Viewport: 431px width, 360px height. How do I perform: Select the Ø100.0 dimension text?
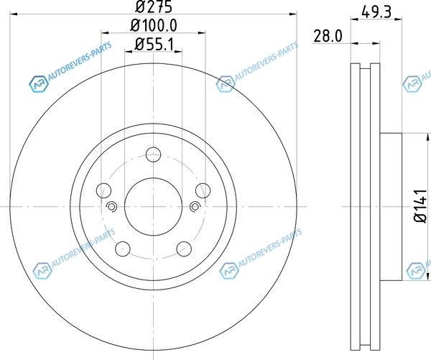pos(154,26)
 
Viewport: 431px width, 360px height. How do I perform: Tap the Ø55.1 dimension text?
pos(154,44)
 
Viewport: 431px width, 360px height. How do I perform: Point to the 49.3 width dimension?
pos(376,12)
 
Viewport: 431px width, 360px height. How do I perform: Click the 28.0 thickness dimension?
pos(328,36)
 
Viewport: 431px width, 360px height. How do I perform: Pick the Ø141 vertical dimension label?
pos(421,206)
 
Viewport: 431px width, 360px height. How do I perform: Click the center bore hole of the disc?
pos(154,206)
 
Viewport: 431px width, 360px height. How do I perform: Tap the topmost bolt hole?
pos(154,154)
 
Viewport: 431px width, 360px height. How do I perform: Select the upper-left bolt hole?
pos(103,190)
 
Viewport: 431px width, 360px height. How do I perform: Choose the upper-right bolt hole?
pos(203,190)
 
